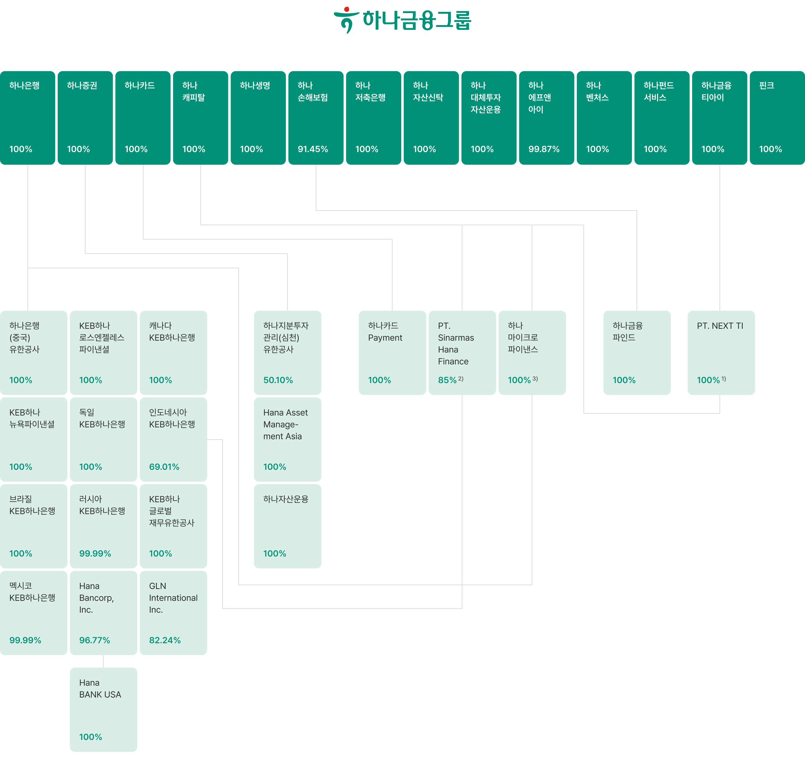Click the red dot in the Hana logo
(x=346, y=9)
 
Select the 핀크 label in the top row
(x=766, y=85)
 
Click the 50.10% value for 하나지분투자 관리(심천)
(x=278, y=380)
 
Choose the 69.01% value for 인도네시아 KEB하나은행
(x=164, y=467)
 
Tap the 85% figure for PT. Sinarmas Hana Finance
(x=447, y=380)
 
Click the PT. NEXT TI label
(x=720, y=326)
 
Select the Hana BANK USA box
(x=103, y=709)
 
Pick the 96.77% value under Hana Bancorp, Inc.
(x=95, y=640)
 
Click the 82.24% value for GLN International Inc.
(x=164, y=640)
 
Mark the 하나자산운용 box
(x=288, y=526)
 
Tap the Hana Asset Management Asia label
(x=285, y=424)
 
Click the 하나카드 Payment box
(x=392, y=353)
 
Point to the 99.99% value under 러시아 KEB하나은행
(x=95, y=553)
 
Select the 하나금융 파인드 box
(x=637, y=353)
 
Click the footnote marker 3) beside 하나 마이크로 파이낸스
(x=535, y=378)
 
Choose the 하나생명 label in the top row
(x=255, y=85)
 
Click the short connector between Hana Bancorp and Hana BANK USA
(x=103, y=661)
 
